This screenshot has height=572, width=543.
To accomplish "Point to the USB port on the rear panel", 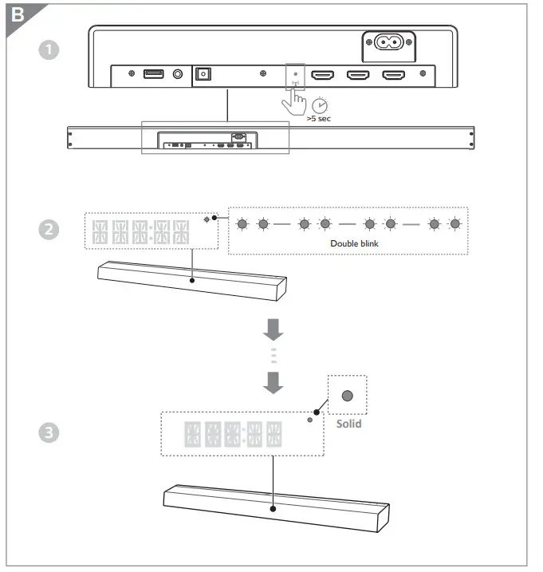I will [x=154, y=74].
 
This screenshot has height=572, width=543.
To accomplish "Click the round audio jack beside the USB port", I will [x=177, y=74].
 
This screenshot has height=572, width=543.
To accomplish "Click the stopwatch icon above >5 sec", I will [x=320, y=105].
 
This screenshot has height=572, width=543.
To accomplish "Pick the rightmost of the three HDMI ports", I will [x=393, y=75].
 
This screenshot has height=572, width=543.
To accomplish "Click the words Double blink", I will [x=348, y=243].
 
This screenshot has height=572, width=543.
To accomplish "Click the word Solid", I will [x=348, y=424].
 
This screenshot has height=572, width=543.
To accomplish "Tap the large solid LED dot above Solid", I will [x=348, y=396].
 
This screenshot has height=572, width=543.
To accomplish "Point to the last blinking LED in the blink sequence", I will [x=454, y=224].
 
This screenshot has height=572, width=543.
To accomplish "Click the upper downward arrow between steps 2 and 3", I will [x=273, y=327].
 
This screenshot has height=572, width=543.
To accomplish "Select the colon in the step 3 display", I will [x=244, y=434].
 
